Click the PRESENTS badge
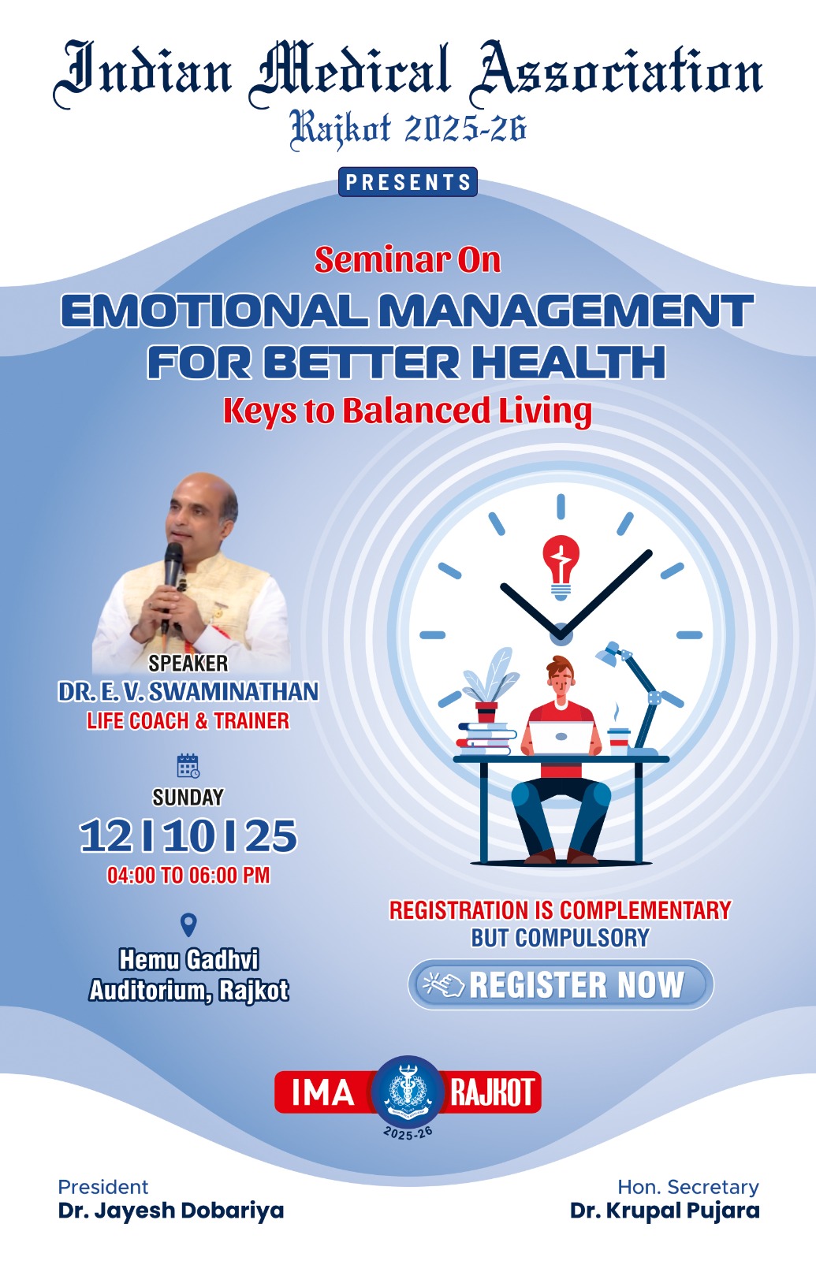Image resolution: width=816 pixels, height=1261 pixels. pyautogui.click(x=408, y=182)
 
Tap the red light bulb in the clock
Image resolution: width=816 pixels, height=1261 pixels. pyautogui.click(x=561, y=567)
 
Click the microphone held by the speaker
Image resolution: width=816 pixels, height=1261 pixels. pyautogui.click(x=172, y=580)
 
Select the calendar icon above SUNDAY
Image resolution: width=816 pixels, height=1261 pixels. pyautogui.click(x=188, y=765)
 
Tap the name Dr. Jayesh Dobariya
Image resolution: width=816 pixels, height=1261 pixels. pyautogui.click(x=170, y=1210)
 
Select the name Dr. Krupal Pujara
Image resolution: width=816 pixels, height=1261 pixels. pyautogui.click(x=665, y=1210)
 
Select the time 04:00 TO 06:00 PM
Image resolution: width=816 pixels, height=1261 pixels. pyautogui.click(x=188, y=876)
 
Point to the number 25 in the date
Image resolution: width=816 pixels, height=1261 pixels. pyautogui.click(x=271, y=836)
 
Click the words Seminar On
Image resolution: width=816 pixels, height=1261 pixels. pyautogui.click(x=407, y=260)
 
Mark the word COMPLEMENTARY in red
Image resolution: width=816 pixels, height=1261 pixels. pyautogui.click(x=645, y=910)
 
